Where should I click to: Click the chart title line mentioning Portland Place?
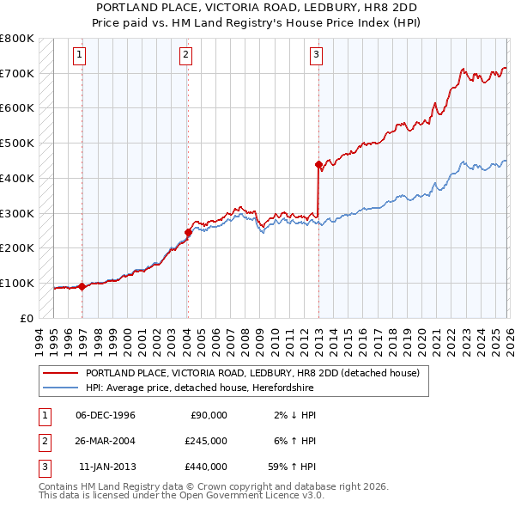[x=257, y=7]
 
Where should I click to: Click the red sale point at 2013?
[x=318, y=163]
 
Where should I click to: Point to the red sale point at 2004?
[x=188, y=231]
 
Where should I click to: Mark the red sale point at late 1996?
[x=82, y=286]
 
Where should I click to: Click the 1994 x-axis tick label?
[x=39, y=339]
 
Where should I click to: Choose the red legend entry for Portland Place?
[x=251, y=373]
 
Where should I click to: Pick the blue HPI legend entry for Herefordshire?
[x=232, y=388]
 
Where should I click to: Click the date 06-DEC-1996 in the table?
[x=106, y=415]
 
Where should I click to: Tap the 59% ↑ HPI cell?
[x=292, y=467]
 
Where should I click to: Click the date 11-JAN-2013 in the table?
[x=107, y=467]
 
